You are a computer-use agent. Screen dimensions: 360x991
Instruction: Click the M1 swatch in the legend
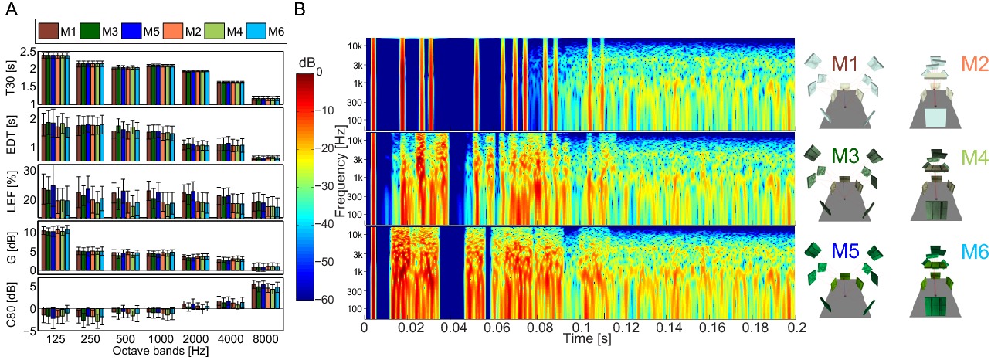pos(48,32)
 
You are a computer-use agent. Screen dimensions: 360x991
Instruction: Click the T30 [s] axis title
pos(11,77)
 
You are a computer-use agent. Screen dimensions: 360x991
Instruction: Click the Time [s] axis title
pos(580,338)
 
